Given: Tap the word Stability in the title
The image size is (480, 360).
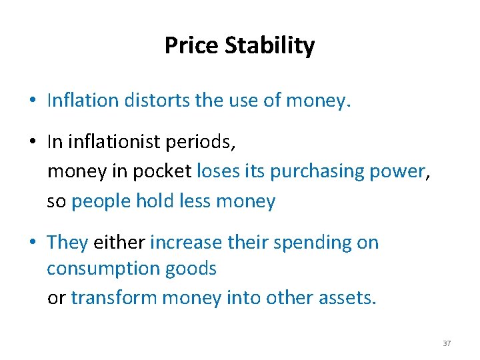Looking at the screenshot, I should point(269,46).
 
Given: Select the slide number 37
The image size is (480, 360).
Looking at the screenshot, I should point(447,343).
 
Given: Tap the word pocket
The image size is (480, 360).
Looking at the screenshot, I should point(162,172).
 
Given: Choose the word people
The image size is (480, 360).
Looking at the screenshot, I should point(101,201).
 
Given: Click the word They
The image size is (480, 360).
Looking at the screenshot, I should point(67,243).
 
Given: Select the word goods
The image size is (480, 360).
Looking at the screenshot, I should point(192,269).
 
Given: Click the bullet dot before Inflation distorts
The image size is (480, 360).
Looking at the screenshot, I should point(32,101).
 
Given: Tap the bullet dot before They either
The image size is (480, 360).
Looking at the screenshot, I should point(32,243).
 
